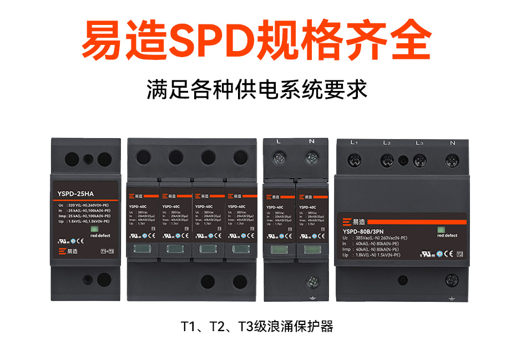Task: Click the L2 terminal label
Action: click(387, 143)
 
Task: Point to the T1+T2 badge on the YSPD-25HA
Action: click(107, 251)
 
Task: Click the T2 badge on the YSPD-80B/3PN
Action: click(459, 255)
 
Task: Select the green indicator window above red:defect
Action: click(442, 227)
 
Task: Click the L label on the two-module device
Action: click(279, 142)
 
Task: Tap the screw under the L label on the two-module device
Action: click(279, 158)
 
